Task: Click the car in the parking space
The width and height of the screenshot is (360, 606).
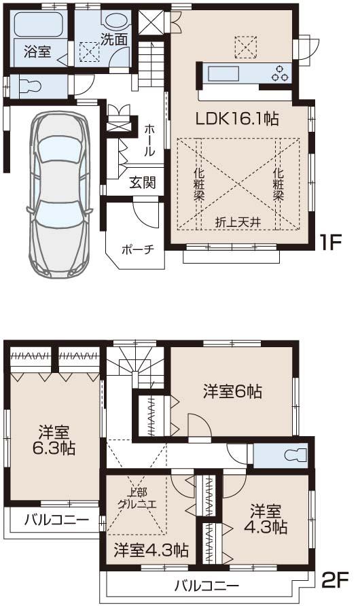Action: click(59, 194)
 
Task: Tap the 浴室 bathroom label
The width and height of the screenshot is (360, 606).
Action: click(35, 52)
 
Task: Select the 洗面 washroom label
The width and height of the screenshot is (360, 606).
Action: click(114, 40)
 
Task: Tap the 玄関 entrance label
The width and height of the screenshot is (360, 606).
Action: click(143, 182)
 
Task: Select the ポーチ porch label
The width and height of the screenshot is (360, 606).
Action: click(138, 249)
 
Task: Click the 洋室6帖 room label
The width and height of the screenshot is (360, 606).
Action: click(232, 391)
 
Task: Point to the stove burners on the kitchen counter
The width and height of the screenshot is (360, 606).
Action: click(280, 72)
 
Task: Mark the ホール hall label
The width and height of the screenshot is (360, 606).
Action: click(150, 139)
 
